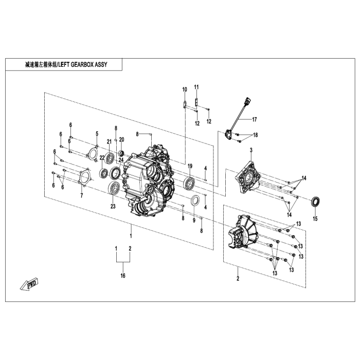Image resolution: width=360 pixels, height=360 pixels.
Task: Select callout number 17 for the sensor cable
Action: click(254, 119)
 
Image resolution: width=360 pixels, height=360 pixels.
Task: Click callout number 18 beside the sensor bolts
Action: click(256, 135)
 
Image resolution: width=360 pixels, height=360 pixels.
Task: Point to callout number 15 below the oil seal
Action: click(315, 218)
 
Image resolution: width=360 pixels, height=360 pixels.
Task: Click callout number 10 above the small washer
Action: click(185, 89)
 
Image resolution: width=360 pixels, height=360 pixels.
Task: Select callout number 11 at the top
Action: click(196, 86)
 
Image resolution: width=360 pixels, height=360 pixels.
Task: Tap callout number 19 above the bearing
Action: click(190, 166)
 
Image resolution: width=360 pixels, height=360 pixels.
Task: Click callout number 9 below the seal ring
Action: click(194, 220)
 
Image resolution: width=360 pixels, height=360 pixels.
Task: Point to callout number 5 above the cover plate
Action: click(96, 134)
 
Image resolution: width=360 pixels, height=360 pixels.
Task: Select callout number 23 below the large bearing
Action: click(113, 207)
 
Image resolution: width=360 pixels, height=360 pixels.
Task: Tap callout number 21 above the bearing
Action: click(109, 141)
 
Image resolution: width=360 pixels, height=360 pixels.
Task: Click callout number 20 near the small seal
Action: click(122, 140)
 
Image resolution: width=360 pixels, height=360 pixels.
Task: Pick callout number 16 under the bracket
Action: click(123, 276)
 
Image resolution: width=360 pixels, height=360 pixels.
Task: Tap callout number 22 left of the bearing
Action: click(102, 157)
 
